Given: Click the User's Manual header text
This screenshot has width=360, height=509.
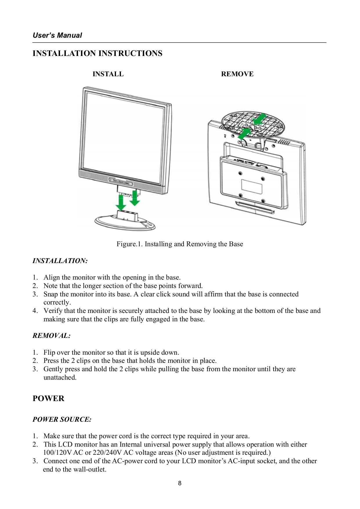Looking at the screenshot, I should pos(57,35).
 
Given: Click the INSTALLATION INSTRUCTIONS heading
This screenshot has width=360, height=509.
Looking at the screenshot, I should pos(97,53).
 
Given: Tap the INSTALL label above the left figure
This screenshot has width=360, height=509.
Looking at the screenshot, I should pos(108,74).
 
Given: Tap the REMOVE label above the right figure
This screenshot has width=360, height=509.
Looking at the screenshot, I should pos(237,74).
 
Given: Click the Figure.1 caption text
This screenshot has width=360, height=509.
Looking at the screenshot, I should pos(180,244).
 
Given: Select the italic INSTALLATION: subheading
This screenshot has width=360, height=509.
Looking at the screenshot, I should pos(60,261).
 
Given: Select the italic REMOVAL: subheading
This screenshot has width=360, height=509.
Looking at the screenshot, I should pos(51,336).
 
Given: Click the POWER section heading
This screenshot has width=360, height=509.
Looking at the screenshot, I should pos(48,398).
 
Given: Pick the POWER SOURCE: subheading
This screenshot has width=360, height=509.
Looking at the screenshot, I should pos(62,419).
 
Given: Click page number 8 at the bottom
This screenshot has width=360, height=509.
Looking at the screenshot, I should pos(180,483).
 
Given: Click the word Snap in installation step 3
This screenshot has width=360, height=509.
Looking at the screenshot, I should pos(50,294).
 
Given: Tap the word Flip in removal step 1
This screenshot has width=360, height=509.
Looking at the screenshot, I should pos(49,352).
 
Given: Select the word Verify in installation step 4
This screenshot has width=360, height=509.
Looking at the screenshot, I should pos(53,311).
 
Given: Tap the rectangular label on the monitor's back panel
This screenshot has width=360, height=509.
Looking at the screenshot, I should pos(252,187).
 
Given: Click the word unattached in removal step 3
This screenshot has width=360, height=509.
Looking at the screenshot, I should pos(60,377).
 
